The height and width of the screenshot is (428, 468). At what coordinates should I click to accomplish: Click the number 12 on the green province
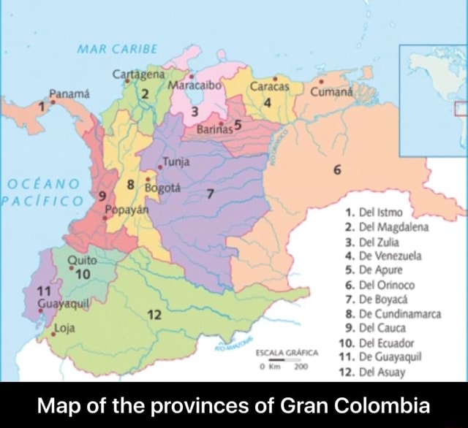point(154,314)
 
